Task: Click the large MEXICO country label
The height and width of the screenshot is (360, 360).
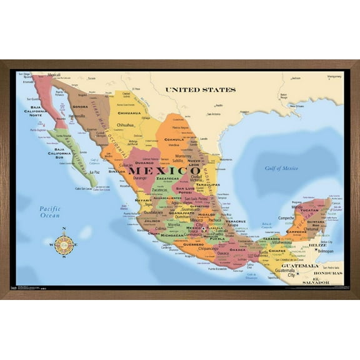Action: coord(156,171)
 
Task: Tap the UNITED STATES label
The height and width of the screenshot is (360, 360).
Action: coord(201,90)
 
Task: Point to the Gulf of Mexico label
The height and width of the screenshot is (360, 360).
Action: coord(281,168)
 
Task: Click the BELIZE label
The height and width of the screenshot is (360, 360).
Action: coord(318,246)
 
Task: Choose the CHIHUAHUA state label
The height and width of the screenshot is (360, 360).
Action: coord(129,114)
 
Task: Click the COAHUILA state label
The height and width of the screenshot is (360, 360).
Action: coord(167,139)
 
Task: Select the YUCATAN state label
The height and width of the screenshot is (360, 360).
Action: coord(309,211)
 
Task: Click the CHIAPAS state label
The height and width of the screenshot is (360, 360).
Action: coord(277,251)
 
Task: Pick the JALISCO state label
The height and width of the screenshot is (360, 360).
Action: coord(152,221)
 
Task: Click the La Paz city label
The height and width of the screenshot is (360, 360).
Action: coord(94,172)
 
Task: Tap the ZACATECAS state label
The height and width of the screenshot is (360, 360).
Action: coord(163,179)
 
